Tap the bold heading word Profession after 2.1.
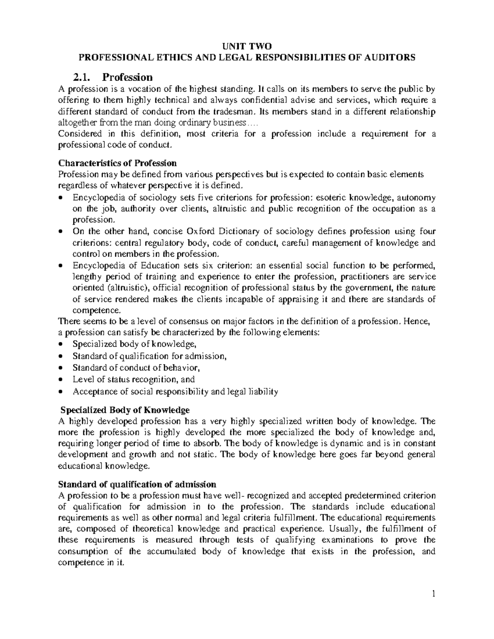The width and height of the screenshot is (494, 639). [x=128, y=77]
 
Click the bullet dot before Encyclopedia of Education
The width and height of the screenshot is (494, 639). [x=61, y=266]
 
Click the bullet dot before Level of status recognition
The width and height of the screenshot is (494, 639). [x=61, y=380]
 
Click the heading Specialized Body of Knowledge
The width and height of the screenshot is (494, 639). [x=125, y=410]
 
